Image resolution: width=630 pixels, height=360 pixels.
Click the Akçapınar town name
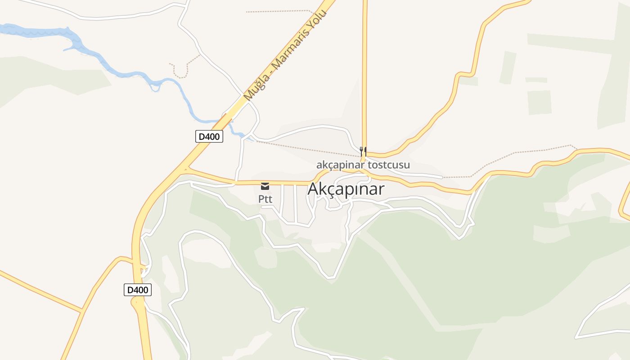tap(346, 189)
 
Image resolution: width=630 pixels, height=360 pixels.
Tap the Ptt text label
tap(265, 198)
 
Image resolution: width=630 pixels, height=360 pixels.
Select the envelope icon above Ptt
tap(265, 186)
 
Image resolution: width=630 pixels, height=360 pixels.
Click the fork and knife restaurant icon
tap(363, 151)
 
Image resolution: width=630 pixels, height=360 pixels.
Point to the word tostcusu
tap(389, 165)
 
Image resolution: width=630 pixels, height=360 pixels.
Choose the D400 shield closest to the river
tap(209, 136)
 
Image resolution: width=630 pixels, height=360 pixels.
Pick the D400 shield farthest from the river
tap(138, 290)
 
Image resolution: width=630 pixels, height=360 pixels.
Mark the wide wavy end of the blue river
tap(27, 31)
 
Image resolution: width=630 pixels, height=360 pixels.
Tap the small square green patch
tap(539, 102)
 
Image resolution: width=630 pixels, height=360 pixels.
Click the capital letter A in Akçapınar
tap(313, 189)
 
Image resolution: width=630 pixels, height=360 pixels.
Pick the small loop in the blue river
tap(155, 86)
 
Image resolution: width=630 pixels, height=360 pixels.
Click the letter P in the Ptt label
tap(261, 198)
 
